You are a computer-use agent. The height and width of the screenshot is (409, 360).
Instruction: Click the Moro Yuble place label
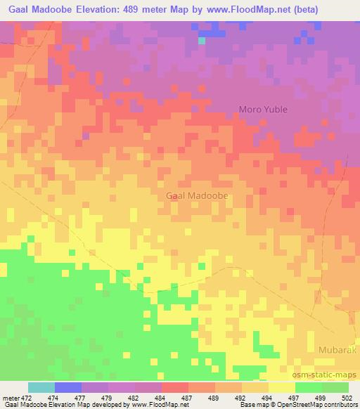click(x=264, y=110)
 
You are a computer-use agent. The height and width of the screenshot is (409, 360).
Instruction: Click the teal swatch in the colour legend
click(x=41, y=387)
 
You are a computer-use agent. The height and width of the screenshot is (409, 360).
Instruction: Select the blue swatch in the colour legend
click(x=68, y=387)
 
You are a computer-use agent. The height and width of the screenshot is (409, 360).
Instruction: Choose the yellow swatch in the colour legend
click(x=282, y=387)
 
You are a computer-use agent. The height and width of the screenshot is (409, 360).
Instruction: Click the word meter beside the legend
click(x=10, y=397)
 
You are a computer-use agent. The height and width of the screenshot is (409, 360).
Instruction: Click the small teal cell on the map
click(x=202, y=40)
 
